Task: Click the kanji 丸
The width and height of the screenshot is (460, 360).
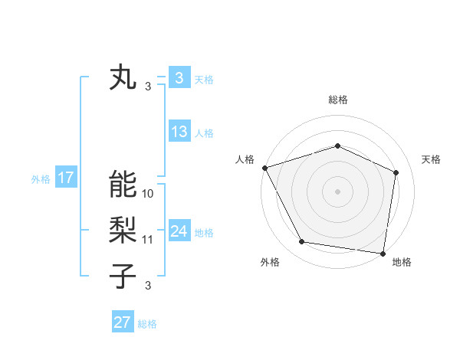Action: click(x=123, y=78)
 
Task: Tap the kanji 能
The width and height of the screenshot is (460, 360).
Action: click(x=123, y=184)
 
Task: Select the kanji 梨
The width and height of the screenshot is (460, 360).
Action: click(x=123, y=230)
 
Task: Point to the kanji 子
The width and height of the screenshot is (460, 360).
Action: click(x=123, y=275)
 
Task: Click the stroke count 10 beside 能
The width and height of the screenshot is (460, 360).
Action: click(x=148, y=194)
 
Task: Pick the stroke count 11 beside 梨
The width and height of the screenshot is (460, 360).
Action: click(x=148, y=240)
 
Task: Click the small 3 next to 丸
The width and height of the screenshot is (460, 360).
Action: click(x=148, y=87)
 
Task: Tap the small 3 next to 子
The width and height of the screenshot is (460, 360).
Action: click(x=148, y=286)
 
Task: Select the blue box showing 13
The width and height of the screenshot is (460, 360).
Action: click(x=179, y=132)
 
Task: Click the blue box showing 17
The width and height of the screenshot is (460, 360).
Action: click(x=66, y=178)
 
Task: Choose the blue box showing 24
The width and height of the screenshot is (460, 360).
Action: click(x=179, y=231)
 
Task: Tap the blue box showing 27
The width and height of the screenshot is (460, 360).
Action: click(x=123, y=322)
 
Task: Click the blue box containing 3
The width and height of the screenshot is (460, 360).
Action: click(x=179, y=77)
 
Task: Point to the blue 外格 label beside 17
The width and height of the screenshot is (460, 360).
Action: click(x=41, y=179)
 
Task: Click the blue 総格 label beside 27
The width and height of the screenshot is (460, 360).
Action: click(x=147, y=324)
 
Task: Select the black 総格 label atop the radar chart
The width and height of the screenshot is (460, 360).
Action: click(x=337, y=100)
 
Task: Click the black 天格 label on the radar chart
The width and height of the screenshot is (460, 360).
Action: click(x=432, y=159)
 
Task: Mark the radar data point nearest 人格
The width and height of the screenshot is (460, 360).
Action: click(x=264, y=168)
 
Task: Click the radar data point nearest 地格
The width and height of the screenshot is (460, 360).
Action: click(x=383, y=253)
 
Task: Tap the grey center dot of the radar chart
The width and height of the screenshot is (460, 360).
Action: click(x=337, y=191)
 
